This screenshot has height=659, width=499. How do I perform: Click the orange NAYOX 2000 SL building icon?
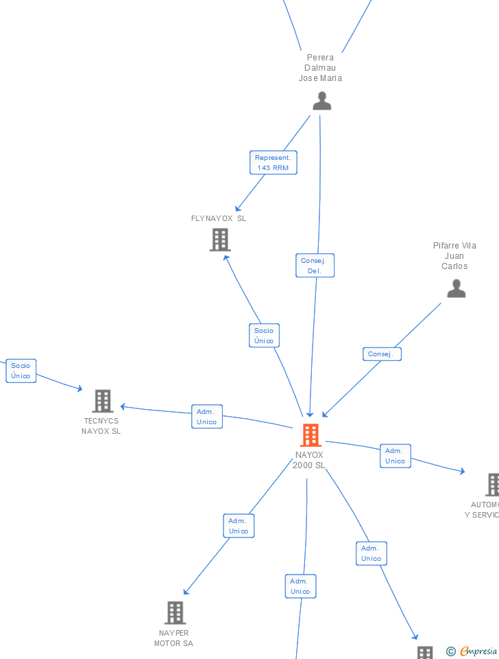point(311,435)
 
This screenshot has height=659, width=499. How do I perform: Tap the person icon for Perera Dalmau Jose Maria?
point(321,101)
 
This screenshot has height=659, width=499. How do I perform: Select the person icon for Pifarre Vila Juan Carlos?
point(456,289)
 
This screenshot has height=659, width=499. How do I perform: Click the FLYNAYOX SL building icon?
point(220,240)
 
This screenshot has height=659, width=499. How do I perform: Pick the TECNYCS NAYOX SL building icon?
point(102,401)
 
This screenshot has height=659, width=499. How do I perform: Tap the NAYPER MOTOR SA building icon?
point(175,612)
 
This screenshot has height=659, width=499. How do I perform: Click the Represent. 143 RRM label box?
point(273,163)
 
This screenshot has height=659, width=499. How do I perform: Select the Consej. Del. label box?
point(315,266)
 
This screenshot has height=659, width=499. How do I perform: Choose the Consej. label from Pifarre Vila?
point(381,354)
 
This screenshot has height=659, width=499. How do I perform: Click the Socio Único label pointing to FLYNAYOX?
point(264,336)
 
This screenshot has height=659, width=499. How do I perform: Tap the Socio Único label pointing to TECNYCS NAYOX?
point(21,371)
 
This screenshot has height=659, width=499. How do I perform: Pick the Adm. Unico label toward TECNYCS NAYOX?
point(206,417)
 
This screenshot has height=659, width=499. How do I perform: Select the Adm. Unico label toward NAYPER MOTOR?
point(239,526)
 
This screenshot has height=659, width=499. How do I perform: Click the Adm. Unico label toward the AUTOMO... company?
point(395,456)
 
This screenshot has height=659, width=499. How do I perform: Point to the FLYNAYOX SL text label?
point(219,218)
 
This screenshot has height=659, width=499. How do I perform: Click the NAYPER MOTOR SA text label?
point(173,638)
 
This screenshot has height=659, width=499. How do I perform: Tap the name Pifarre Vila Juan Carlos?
point(454,255)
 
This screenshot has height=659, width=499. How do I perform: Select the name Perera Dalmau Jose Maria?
point(320,68)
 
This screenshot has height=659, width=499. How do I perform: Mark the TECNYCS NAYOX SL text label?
point(101,426)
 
